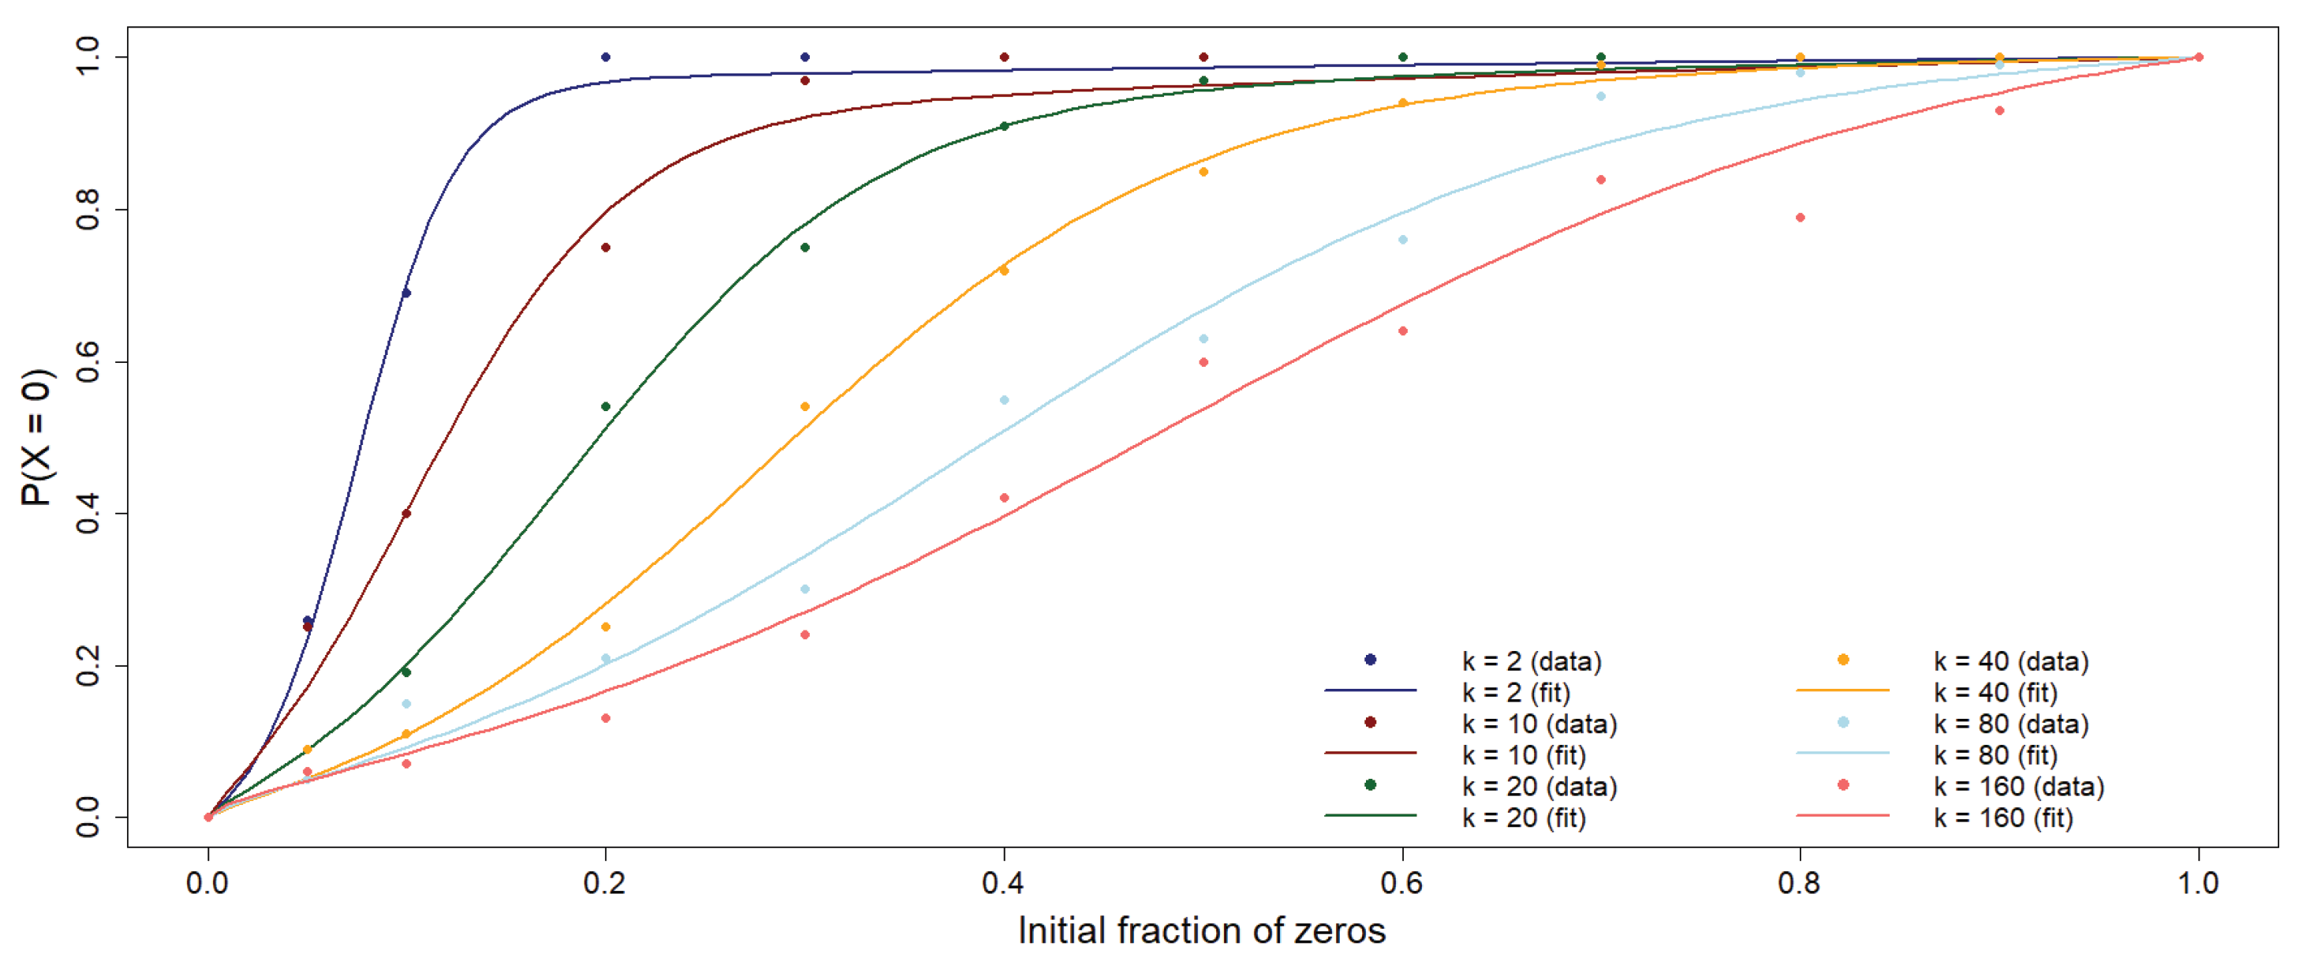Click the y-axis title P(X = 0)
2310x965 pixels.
38,438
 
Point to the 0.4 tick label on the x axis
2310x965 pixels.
1002,884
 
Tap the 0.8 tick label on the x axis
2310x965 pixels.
1799,884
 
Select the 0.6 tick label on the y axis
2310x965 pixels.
88,361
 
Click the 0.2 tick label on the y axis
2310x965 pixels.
88,665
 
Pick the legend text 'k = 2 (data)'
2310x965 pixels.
1532,661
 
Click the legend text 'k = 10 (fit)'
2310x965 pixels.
1524,755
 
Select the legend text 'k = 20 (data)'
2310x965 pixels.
1539,787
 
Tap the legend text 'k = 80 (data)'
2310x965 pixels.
2010,724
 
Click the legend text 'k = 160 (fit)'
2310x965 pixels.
2003,818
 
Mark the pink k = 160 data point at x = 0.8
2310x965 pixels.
1800,218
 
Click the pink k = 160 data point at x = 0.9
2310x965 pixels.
1998,111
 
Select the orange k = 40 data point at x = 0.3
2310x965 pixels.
804,407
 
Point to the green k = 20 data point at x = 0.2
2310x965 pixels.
605,407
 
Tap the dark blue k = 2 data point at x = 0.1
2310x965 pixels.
406,294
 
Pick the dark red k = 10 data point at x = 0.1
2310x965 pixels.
406,514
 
